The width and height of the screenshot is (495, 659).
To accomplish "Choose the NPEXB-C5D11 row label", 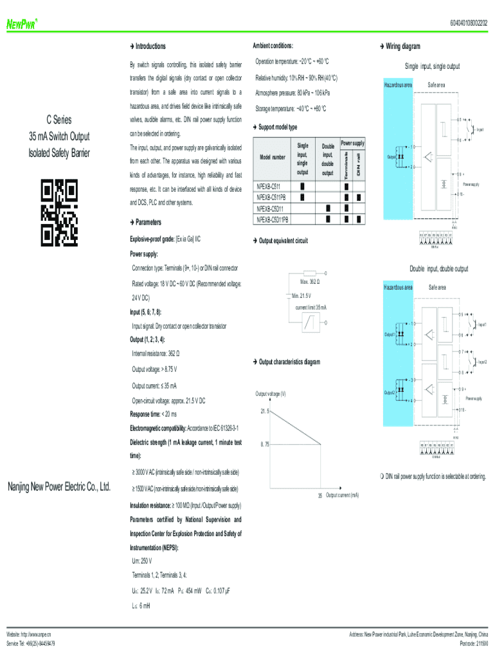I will click(273, 209).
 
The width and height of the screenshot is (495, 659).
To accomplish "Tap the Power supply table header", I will click(352, 142).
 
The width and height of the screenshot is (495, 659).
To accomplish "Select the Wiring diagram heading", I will click(402, 46).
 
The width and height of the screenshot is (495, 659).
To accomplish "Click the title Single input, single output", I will click(432, 66).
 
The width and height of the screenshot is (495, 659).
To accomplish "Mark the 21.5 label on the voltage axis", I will click(264, 411).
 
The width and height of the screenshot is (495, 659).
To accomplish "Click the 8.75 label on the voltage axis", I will click(264, 443).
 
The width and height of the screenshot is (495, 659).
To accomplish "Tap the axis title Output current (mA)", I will click(342, 495).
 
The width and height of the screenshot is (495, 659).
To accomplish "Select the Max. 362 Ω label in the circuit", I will click(310, 283).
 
